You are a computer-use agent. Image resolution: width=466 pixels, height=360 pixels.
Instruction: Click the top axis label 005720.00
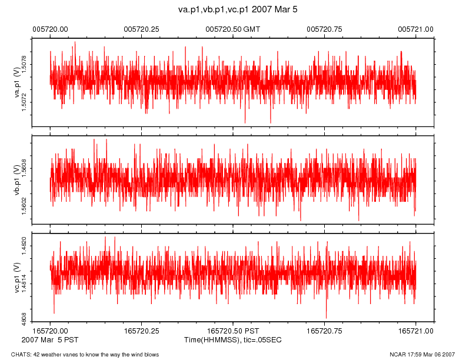point(50,29)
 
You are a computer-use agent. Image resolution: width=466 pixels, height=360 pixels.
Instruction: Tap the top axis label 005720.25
point(142,29)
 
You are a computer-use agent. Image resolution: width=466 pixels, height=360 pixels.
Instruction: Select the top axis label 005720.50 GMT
point(232,29)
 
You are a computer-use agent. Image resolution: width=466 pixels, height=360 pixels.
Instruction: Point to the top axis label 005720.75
point(325,29)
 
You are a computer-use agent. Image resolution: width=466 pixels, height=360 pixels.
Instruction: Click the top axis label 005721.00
point(416,29)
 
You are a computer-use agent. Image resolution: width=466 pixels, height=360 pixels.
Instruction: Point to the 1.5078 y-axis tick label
point(24,64)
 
